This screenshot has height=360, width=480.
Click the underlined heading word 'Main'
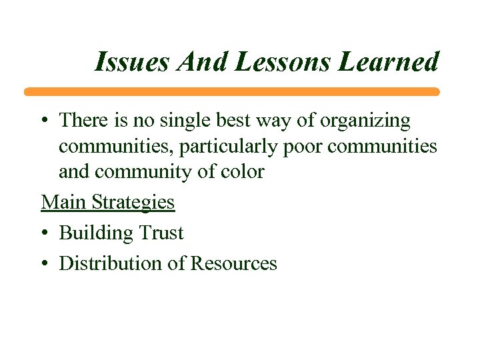[x=63, y=202]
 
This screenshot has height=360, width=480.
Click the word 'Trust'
[x=161, y=233]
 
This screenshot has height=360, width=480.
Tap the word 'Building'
[x=96, y=233]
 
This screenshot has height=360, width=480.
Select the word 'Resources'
[x=233, y=264]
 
